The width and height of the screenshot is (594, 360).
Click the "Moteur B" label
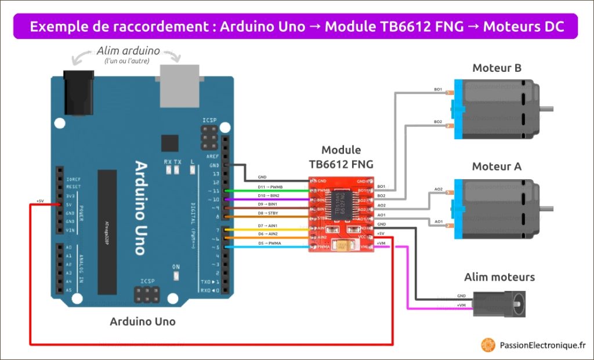pos(497,68)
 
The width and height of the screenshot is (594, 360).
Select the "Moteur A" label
pos(497,167)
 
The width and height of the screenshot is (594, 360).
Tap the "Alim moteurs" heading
pos(499,277)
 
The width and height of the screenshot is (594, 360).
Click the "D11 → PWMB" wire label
pos(270,187)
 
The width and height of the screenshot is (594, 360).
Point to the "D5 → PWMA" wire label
pos(270,243)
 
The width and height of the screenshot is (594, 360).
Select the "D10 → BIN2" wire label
pos(270,196)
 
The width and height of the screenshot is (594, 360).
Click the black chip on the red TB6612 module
pos(341,205)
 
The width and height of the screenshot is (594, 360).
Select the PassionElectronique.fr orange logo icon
pos(488,345)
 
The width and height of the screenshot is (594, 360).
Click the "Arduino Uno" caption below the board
pos(143,321)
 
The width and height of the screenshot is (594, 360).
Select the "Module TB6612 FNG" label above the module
pos(341,157)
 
